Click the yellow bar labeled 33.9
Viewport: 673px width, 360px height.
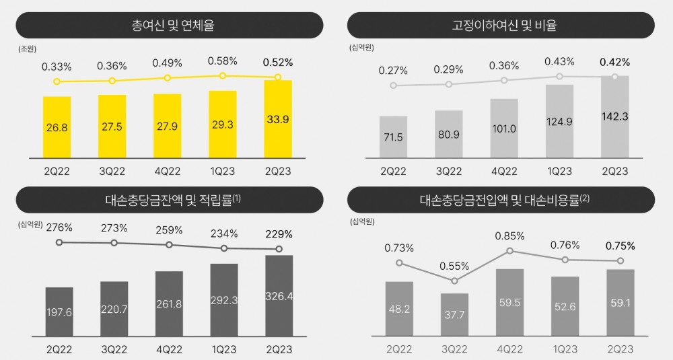tap(278, 119)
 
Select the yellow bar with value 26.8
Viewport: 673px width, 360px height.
tap(57, 127)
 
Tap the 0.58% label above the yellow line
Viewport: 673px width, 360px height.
tap(222, 61)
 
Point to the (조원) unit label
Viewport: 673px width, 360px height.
tap(28, 48)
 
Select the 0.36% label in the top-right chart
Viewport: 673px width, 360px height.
tap(503, 66)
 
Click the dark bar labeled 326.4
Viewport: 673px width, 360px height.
tap(279, 296)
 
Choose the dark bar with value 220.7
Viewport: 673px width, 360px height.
tap(114, 309)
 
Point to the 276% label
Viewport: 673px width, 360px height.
tap(59, 227)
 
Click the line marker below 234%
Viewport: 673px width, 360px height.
tap(224, 248)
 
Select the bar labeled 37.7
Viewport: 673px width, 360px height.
tap(454, 315)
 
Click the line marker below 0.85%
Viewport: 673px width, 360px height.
tap(509, 251)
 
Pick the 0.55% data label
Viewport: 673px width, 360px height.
tap(454, 266)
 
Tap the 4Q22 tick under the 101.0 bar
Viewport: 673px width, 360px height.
tap(503, 171)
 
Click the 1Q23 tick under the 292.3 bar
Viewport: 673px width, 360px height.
tap(224, 349)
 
